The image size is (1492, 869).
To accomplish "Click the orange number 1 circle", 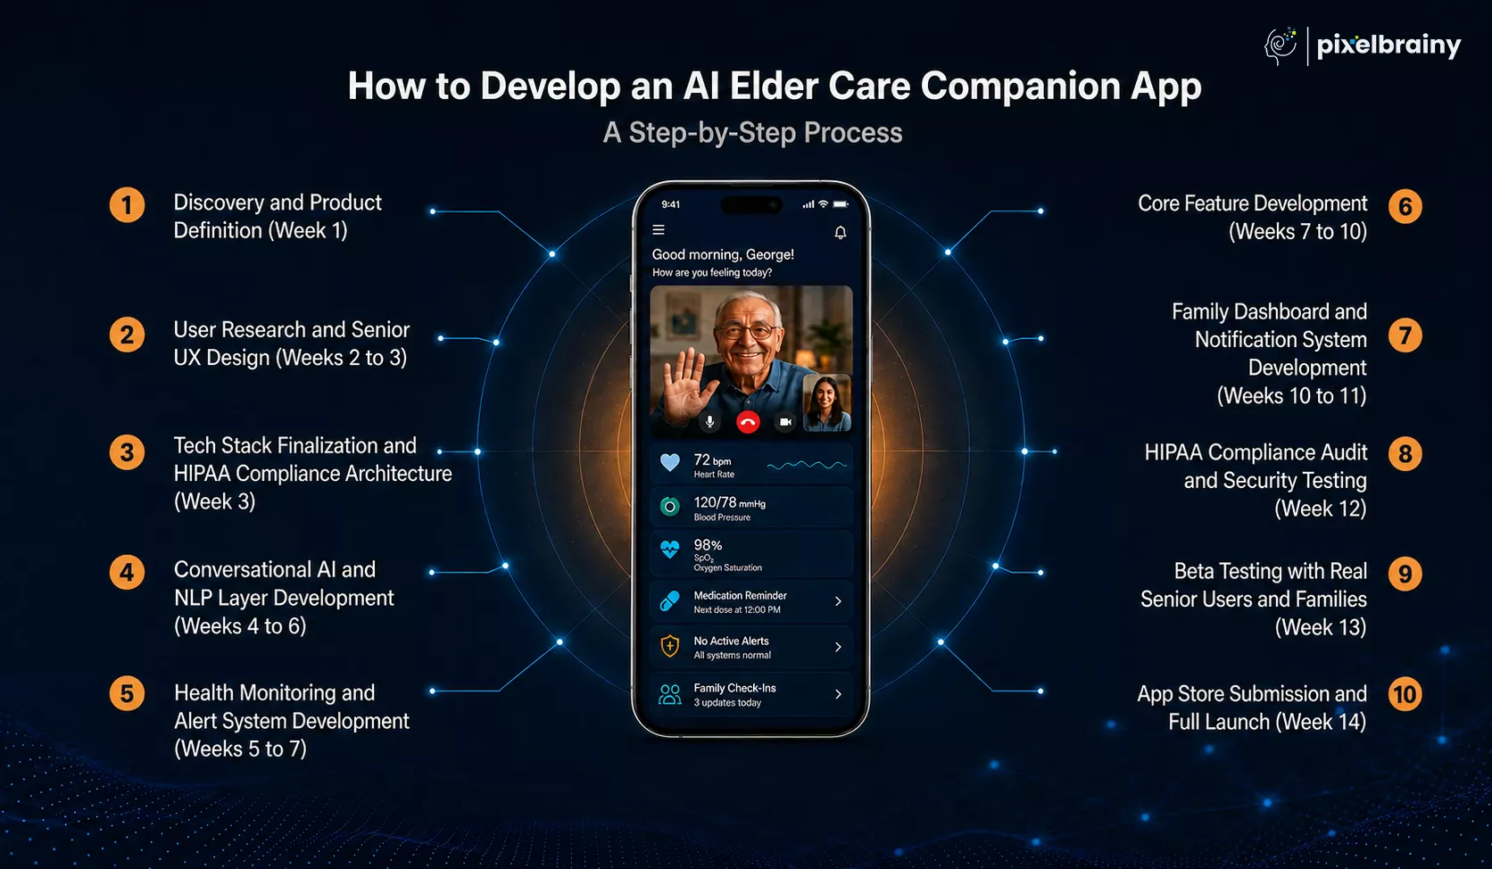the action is (127, 205).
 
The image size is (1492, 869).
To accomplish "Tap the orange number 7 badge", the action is (1405, 335).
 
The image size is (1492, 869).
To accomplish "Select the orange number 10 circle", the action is (1405, 694).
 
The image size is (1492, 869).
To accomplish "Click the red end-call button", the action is (748, 422).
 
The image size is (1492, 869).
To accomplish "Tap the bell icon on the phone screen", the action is (841, 232).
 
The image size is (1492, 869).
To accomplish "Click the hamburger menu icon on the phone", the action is (659, 229).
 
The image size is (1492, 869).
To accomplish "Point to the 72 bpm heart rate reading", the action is (712, 460).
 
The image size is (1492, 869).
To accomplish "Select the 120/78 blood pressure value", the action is (729, 503).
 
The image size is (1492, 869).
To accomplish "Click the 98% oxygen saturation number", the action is (708, 545).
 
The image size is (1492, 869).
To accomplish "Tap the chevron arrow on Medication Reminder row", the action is (839, 601).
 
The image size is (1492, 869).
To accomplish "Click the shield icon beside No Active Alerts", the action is (669, 646).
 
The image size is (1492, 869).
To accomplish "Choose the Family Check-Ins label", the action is (734, 688).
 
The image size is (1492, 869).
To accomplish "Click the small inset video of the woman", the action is (826, 403).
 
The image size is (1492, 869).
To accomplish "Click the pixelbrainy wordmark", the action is (1388, 46).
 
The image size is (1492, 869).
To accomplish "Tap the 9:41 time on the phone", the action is (671, 204).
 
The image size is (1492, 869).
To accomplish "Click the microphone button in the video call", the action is (710, 422).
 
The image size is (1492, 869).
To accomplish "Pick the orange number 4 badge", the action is (127, 573).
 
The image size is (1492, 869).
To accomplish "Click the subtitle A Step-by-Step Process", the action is (752, 133).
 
